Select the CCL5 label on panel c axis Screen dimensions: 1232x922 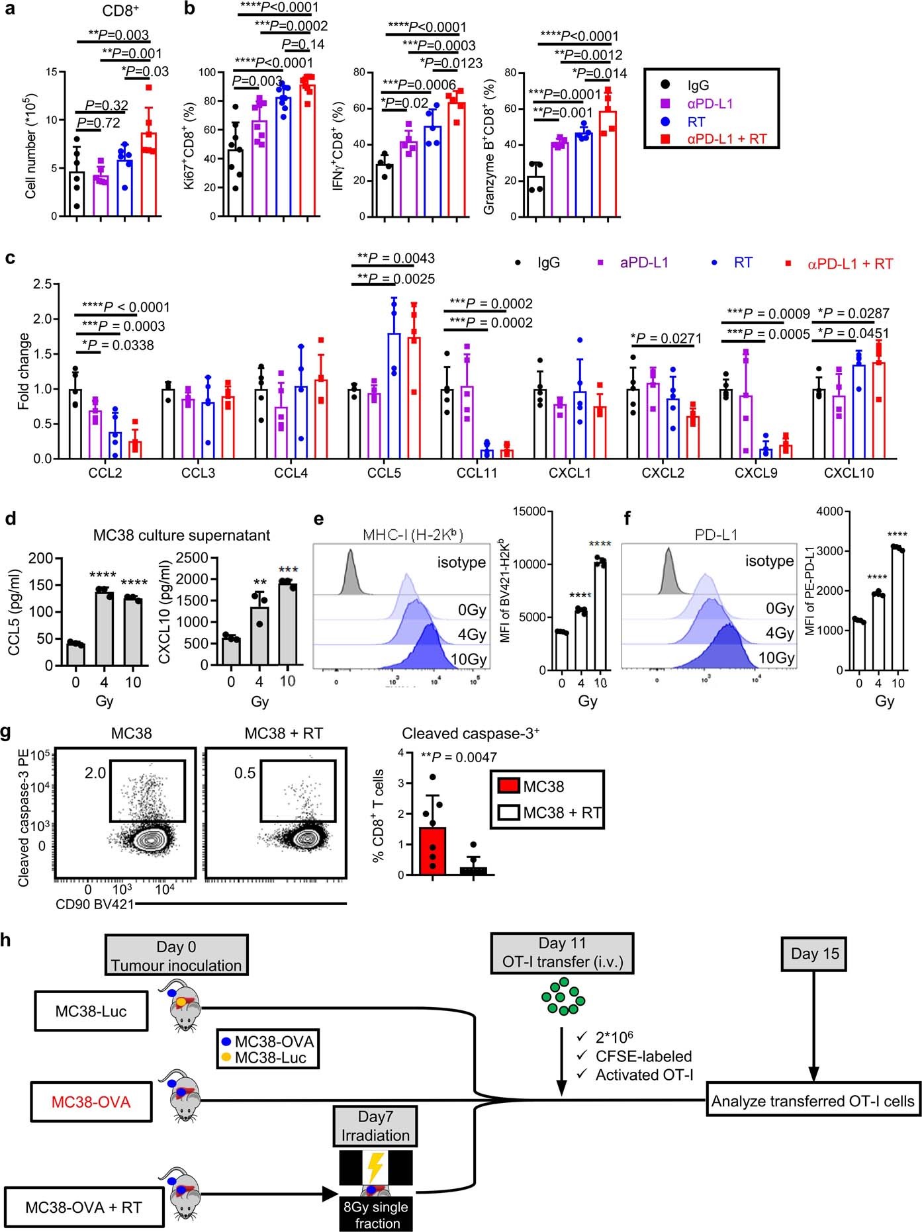[384, 473]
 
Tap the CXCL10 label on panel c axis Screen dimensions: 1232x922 [849, 473]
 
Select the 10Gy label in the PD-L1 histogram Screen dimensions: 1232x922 [776, 658]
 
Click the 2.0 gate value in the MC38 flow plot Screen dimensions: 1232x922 [95, 772]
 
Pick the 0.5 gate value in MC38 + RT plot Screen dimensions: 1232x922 [245, 773]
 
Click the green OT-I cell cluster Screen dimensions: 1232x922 [563, 996]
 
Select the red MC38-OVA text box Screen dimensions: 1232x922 [91, 1102]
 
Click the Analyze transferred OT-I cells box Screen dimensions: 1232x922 [813, 1101]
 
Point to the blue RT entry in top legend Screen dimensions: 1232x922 [696, 122]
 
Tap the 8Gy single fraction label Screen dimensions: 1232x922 [376, 1214]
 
